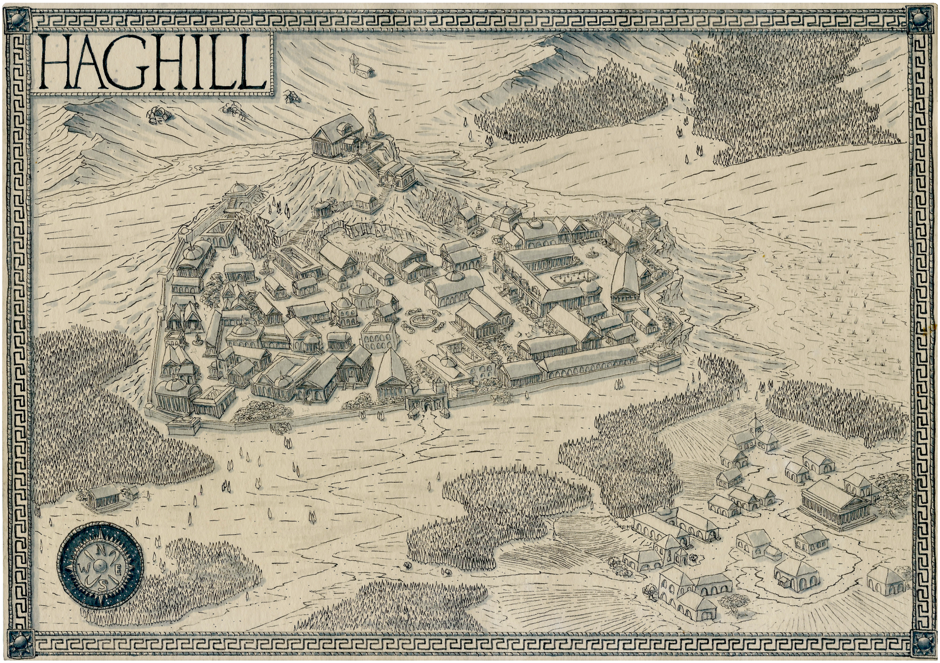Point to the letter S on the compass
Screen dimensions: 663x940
[x=102, y=585]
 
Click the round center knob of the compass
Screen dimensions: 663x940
[x=101, y=567]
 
